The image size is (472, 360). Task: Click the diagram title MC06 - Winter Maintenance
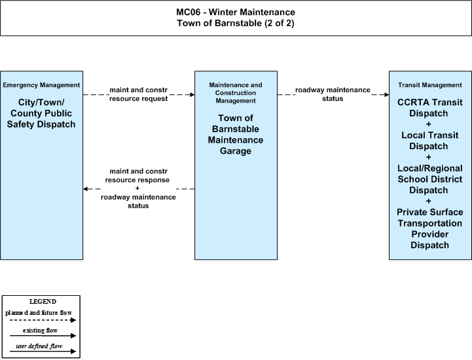point(236,12)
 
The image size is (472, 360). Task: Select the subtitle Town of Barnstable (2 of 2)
point(236,23)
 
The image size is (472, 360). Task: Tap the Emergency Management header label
point(41,85)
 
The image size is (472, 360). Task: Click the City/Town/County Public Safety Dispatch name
point(41,113)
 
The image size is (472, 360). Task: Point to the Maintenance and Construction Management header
point(236,93)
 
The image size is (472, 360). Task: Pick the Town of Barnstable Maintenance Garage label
point(236,134)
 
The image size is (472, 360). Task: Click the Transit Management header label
point(430,85)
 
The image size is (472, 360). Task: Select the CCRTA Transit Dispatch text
point(430,108)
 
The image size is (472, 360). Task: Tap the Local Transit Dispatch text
point(430,141)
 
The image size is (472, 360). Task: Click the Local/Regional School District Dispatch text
point(430,179)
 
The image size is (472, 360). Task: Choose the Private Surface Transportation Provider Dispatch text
point(430,228)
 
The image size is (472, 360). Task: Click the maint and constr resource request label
point(139,94)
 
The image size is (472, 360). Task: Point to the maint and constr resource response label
point(137,175)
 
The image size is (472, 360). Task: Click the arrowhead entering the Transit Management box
point(386,95)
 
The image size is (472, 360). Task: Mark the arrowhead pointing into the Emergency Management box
point(86,189)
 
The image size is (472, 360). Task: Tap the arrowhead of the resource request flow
point(192,95)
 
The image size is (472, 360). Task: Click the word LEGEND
point(43,302)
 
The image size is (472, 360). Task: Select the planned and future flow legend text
point(39,313)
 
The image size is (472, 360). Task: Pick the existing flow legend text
point(40,331)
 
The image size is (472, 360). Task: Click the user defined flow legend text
point(39,346)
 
